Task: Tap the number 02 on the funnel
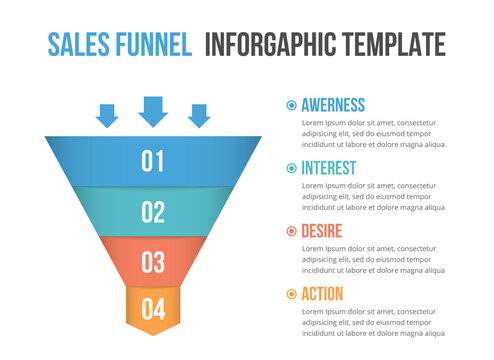point(153,212)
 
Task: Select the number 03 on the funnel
point(153,262)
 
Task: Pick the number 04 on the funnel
point(153,308)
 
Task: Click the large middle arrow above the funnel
point(153,111)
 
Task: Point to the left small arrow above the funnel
point(107,116)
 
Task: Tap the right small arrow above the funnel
point(199,116)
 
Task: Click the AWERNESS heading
point(333,105)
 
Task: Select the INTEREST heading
point(328,168)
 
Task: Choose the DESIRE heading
point(322,231)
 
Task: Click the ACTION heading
point(322,294)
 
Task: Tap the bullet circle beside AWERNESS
point(291,105)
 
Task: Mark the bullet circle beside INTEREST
point(291,168)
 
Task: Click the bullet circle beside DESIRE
point(291,231)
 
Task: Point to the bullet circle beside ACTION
point(291,294)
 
